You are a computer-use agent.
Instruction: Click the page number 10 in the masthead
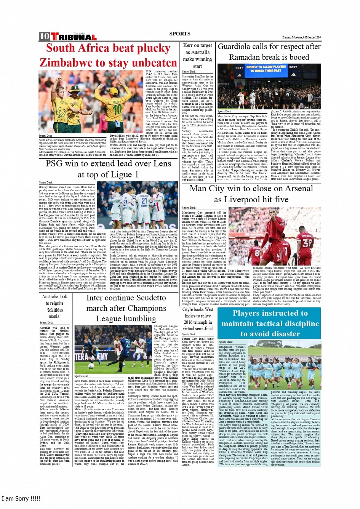[44, 36]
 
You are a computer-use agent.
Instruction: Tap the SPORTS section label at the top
[180, 34]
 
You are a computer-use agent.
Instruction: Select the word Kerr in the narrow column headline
[188, 45]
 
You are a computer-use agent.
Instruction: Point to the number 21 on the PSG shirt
[144, 200]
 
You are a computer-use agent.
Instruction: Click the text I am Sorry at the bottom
[21, 498]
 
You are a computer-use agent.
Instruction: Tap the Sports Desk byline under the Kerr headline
[189, 72]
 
